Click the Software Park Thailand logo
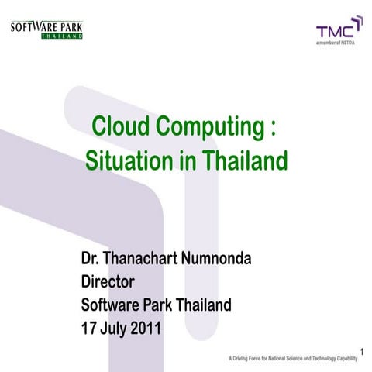pyautogui.click(x=46, y=30)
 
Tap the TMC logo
pyautogui.click(x=339, y=30)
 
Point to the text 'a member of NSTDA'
pyautogui.click(x=339, y=45)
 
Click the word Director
pyautogui.click(x=108, y=281)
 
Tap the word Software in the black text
pyautogui.click(x=112, y=304)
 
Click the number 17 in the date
pyautogui.click(x=90, y=326)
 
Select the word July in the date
pyautogui.click(x=120, y=326)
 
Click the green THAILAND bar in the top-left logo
pyautogui.click(x=61, y=36)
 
